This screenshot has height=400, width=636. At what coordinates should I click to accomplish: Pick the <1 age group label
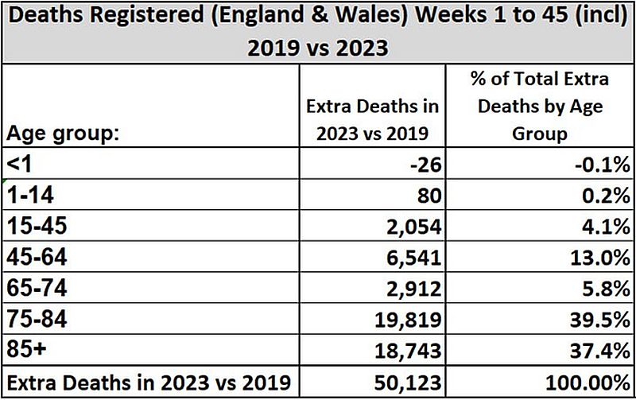(x=21, y=164)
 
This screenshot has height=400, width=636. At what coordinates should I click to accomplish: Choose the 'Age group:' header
(x=61, y=133)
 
